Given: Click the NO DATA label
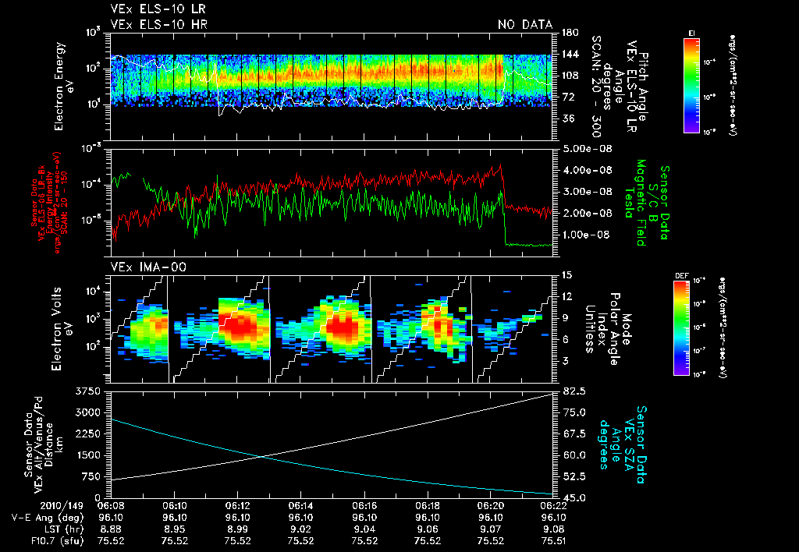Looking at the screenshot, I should (525, 24).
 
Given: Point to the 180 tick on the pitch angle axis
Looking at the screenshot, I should (568, 33).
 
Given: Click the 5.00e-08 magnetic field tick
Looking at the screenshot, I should (584, 148).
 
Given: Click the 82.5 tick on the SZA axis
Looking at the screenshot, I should (571, 391).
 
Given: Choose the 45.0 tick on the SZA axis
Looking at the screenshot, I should (571, 497).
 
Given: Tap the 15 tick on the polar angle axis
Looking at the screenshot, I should (566, 275).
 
